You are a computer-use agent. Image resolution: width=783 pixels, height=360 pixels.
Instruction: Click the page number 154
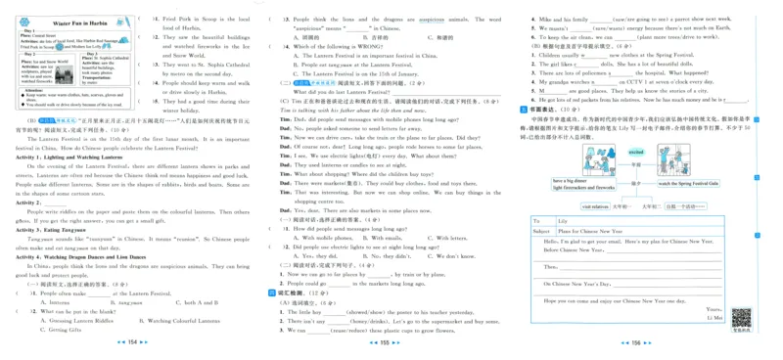coord(132,343)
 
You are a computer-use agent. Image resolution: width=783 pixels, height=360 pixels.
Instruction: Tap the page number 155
coord(391,343)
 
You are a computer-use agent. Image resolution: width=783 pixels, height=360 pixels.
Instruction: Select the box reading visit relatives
coord(596,206)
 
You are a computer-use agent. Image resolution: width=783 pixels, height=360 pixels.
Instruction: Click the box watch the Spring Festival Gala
coord(687,183)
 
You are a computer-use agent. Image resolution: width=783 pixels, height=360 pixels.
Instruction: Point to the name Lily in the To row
coord(563,222)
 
